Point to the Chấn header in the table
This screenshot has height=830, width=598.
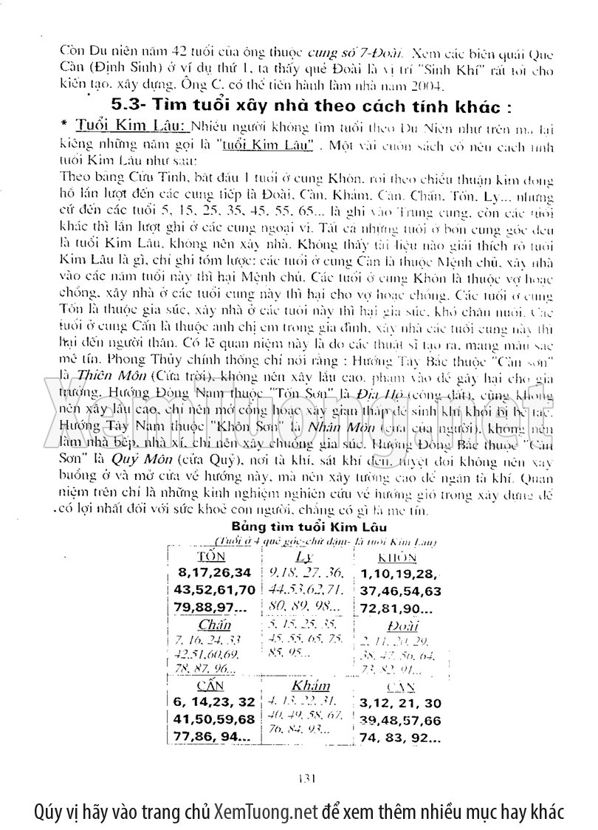210,625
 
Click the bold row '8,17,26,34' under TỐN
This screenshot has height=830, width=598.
215,572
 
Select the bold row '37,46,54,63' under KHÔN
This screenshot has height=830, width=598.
401,591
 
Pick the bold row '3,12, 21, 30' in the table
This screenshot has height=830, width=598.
401,702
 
